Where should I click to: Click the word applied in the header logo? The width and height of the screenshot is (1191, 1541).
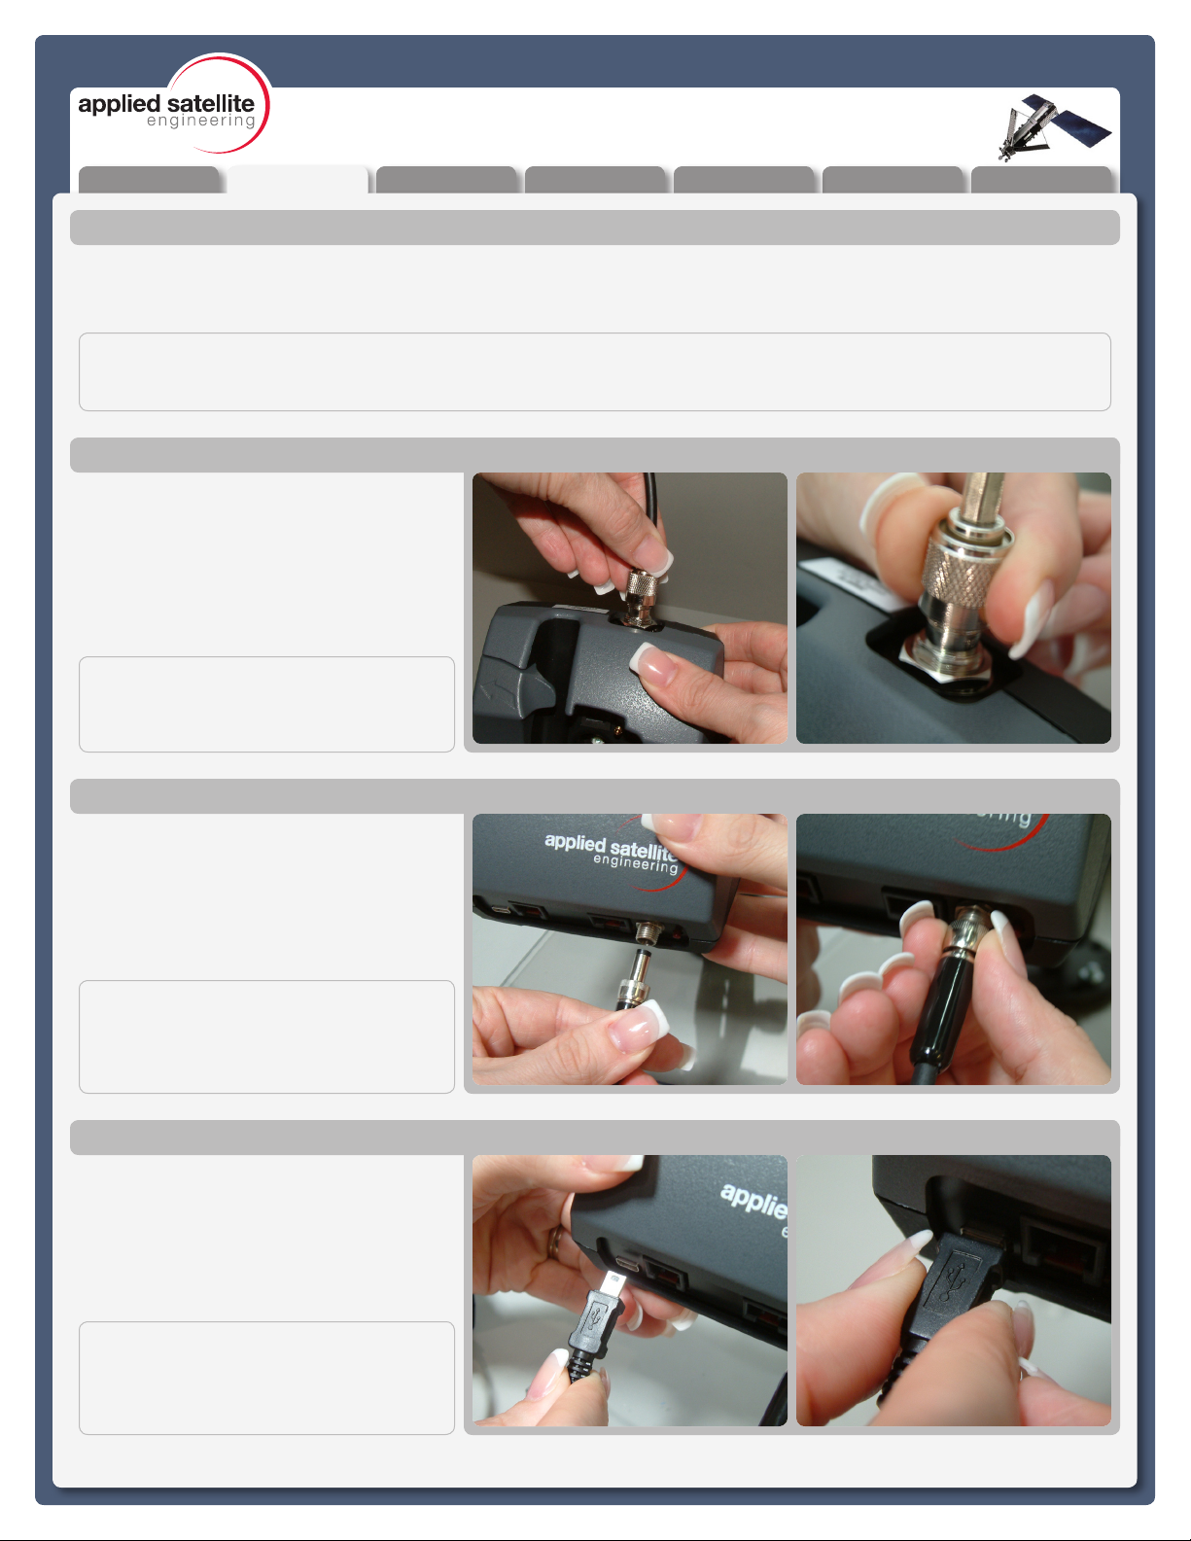pyautogui.click(x=119, y=105)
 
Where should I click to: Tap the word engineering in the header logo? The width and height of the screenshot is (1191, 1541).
pyautogui.click(x=200, y=122)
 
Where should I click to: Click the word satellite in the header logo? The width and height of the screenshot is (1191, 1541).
pyautogui.click(x=211, y=103)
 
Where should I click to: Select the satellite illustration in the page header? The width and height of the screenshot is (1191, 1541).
pyautogui.click(x=1054, y=127)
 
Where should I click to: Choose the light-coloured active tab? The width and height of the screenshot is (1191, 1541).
pyautogui.click(x=298, y=180)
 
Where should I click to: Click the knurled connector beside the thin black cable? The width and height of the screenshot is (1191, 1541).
pyautogui.click(x=643, y=585)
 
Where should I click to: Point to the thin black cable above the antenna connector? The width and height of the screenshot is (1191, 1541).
pyautogui.click(x=651, y=516)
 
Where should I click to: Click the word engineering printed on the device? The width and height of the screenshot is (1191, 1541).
pyautogui.click(x=635, y=863)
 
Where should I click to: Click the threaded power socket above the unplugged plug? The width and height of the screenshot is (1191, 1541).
pyautogui.click(x=647, y=931)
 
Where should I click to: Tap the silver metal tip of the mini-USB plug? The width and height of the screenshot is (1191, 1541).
pyautogui.click(x=612, y=1282)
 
